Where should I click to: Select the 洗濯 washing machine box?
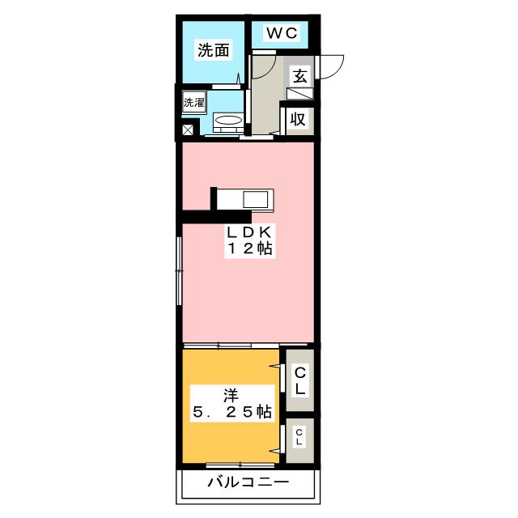pos(193,103)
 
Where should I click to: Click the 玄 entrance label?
pos(299,76)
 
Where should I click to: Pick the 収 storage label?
pos(298,119)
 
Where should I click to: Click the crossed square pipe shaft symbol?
pos(189,129)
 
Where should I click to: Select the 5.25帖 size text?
pos(231,413)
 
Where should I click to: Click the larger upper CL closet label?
pos(299,380)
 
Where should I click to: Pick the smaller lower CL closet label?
pos(299,439)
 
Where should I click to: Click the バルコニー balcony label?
pos(247,483)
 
